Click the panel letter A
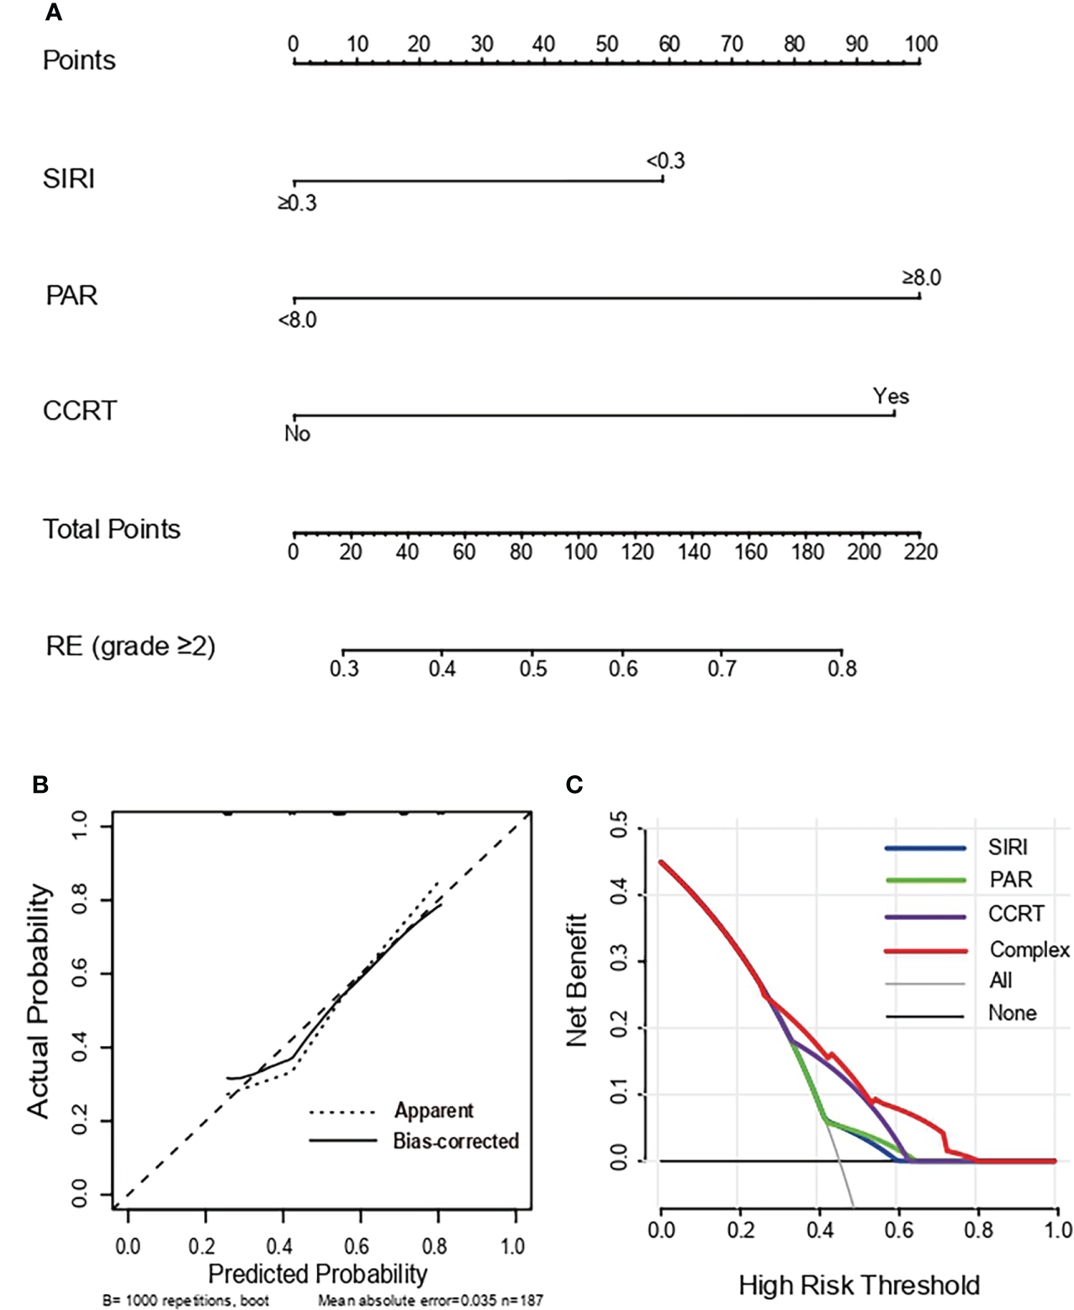point(53,13)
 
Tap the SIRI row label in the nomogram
point(69,179)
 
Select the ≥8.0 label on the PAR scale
point(921,277)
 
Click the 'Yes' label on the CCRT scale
point(891,396)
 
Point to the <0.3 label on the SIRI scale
point(665,161)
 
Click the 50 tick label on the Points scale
point(606,45)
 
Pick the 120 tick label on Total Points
point(637,552)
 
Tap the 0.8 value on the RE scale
point(842,668)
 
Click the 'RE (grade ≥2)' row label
point(130,646)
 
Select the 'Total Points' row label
point(112,529)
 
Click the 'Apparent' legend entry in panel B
point(434,1111)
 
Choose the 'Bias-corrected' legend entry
point(456,1141)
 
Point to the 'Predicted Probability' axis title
point(318,1273)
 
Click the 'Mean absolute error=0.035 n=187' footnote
point(430,1301)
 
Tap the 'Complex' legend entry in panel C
point(1029,949)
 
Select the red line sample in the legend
point(925,951)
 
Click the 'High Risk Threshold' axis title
point(859,1285)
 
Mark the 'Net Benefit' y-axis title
point(576,980)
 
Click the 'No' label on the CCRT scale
point(297,434)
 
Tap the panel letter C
point(574,784)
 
